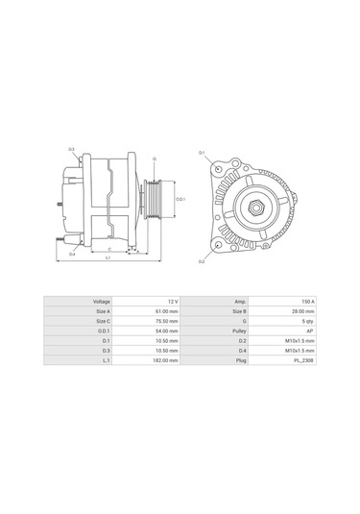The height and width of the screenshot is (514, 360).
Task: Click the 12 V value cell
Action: (x=170, y=301)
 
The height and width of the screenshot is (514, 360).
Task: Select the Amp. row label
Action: (x=240, y=301)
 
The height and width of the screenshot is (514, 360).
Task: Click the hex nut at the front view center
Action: (x=257, y=208)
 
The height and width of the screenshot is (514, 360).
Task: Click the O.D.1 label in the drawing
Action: (x=180, y=200)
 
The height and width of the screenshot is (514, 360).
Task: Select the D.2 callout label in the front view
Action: (x=202, y=260)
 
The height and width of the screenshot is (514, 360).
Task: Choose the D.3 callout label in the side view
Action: (x=72, y=150)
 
